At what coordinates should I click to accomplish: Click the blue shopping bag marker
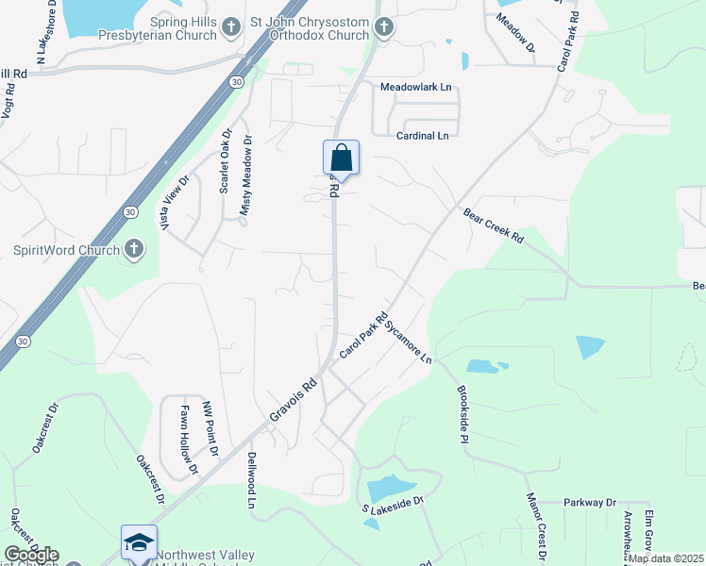coord(341,158)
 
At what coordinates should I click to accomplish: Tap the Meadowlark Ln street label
coord(417,87)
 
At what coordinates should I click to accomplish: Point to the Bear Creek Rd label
coord(493,226)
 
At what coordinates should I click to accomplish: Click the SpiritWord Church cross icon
coord(134,250)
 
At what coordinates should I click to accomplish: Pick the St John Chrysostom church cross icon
coord(383,29)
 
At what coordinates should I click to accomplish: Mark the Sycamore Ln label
coord(412,339)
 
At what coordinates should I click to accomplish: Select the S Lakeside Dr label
coord(389,506)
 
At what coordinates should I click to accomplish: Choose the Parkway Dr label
coord(590,503)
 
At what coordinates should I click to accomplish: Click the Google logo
coord(31,555)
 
